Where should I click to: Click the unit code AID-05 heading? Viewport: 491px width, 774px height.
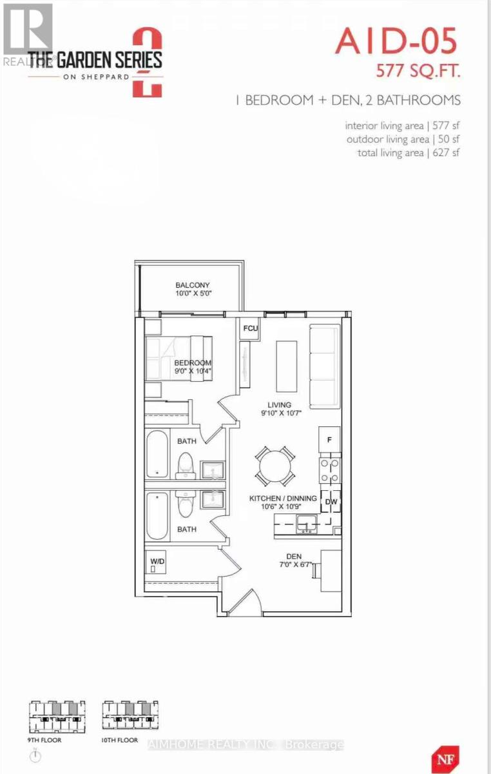coord(396,43)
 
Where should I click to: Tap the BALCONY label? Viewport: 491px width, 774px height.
coord(193,284)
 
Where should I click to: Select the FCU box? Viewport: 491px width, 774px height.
coord(250,328)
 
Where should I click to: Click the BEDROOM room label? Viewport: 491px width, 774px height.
coord(193,363)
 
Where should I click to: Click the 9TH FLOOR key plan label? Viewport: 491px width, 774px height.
coord(45,740)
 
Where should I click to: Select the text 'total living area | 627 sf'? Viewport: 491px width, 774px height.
coord(409,152)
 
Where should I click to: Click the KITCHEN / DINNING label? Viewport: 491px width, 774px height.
coord(284,498)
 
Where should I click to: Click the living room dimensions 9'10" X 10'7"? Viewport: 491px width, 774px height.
coord(276,413)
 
